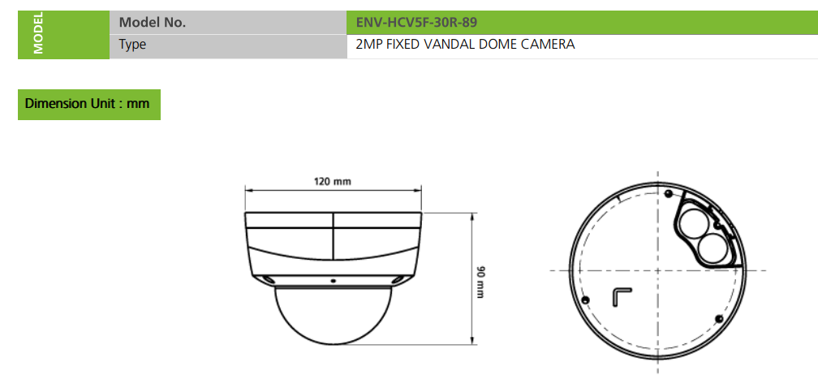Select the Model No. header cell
[x=228, y=23]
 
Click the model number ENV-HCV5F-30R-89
[x=416, y=23]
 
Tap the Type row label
[x=132, y=45]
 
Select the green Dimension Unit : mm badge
[x=89, y=104]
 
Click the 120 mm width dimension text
[x=333, y=182]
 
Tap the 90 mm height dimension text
[x=481, y=282]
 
